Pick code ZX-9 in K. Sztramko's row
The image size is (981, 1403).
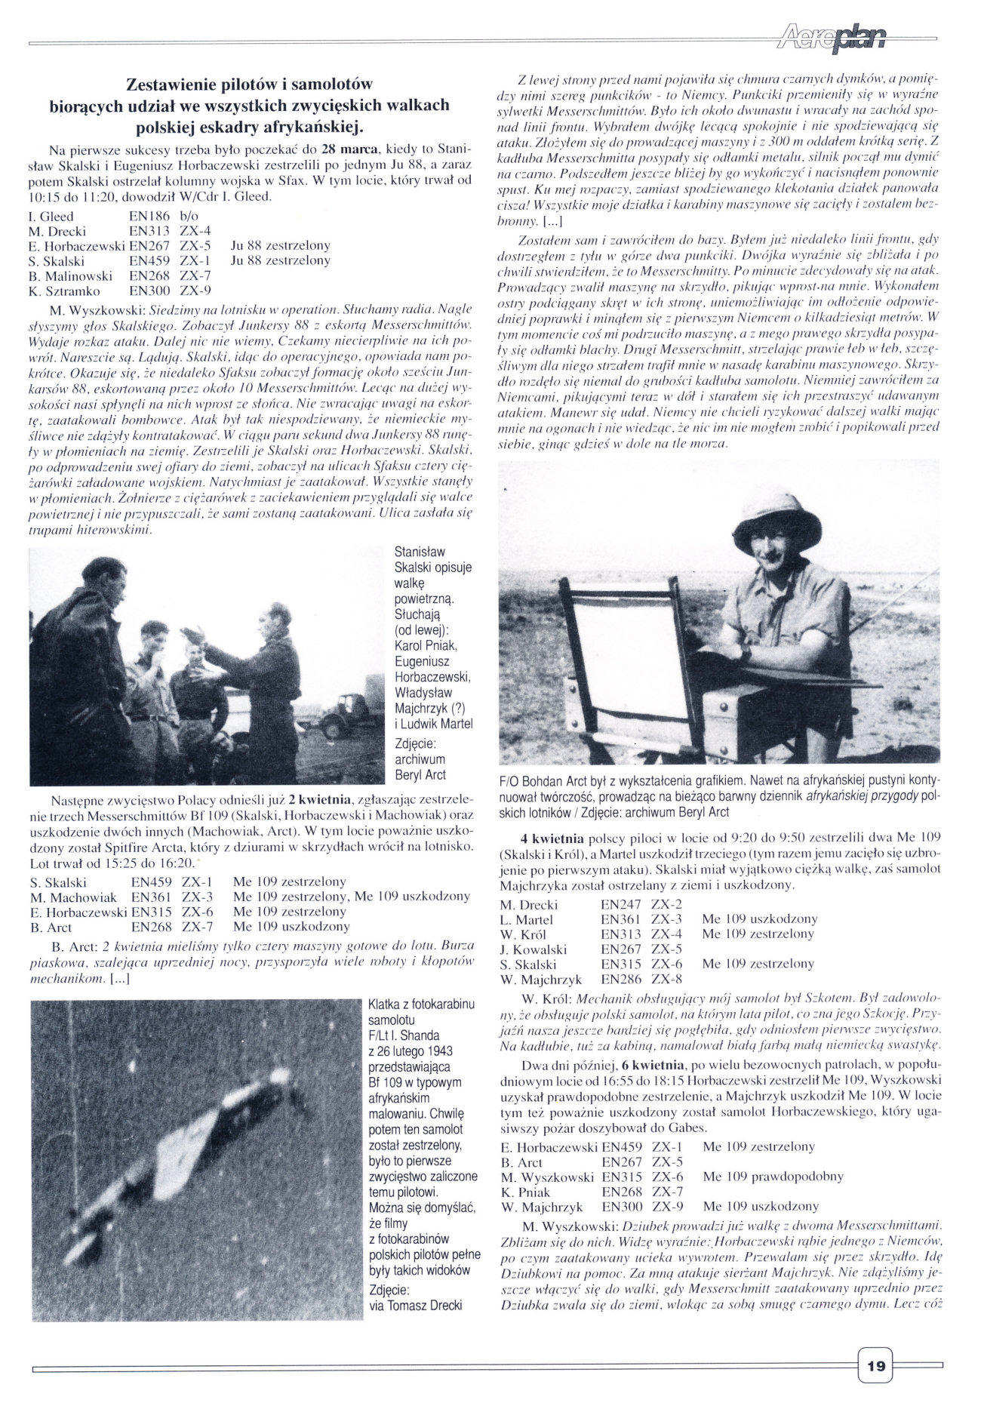[195, 291]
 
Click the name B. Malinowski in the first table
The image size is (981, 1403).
[70, 275]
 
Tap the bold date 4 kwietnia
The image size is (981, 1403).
[551, 838]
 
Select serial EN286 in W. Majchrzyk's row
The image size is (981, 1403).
[620, 979]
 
